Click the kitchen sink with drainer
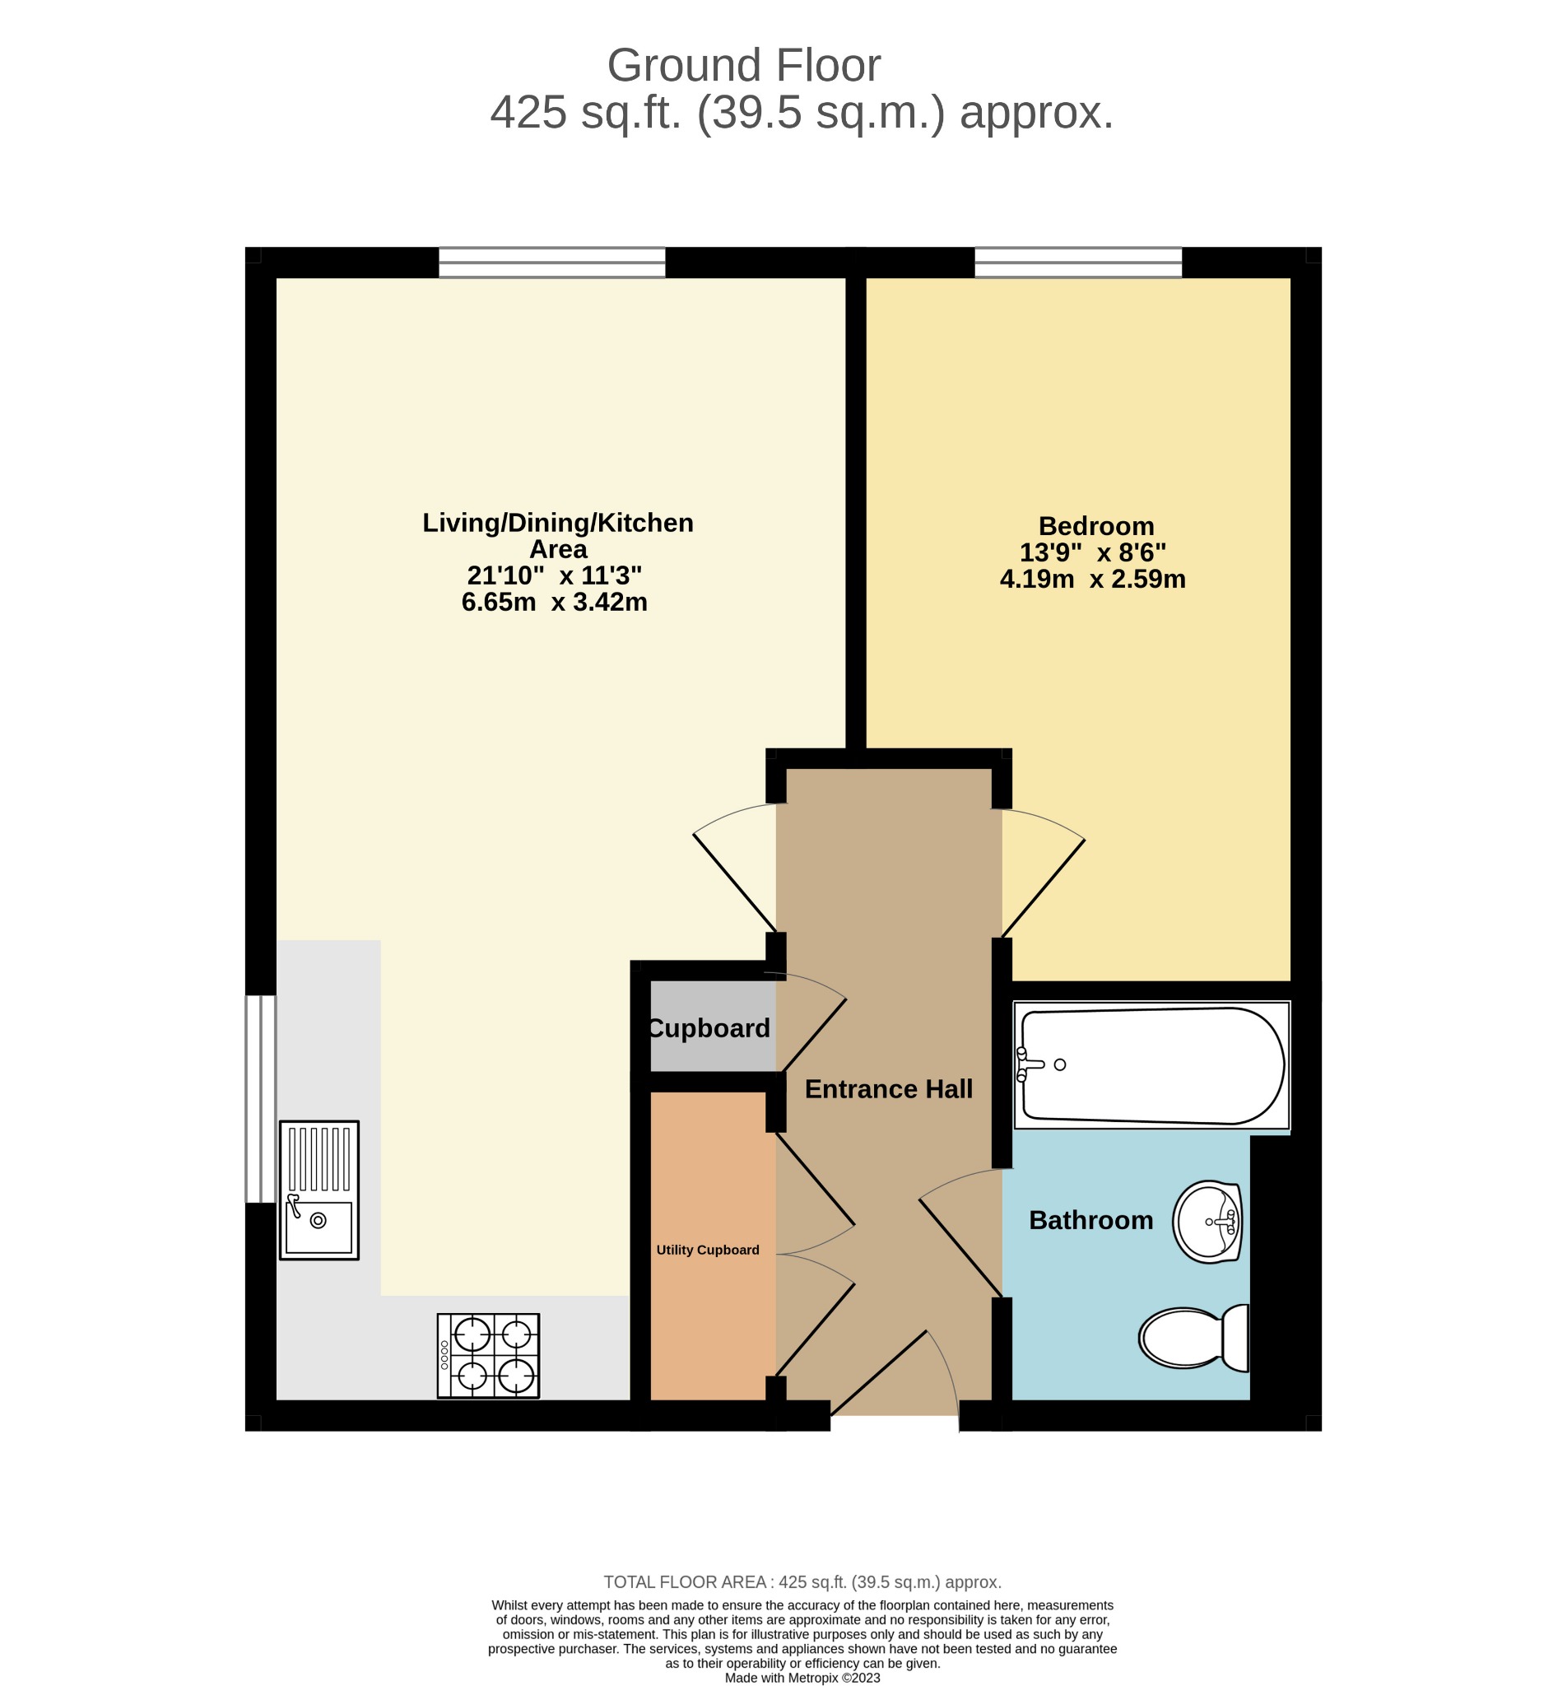[x=319, y=1190]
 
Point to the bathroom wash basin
[x=1207, y=1222]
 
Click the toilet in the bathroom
[x=1193, y=1338]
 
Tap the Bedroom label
[x=1095, y=526]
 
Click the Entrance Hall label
[x=889, y=1089]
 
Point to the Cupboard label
[x=709, y=1029]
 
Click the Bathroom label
[x=1091, y=1220]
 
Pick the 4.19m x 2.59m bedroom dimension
[x=1093, y=580]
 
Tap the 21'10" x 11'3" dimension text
[x=555, y=575]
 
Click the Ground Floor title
[x=744, y=65]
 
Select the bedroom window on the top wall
[x=1078, y=262]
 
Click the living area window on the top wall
[x=551, y=262]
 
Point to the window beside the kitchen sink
[x=261, y=1098]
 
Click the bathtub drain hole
[x=1060, y=1064]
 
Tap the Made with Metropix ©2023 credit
[x=802, y=1678]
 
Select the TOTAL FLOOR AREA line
[x=802, y=1581]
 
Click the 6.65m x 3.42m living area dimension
[x=555, y=602]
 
